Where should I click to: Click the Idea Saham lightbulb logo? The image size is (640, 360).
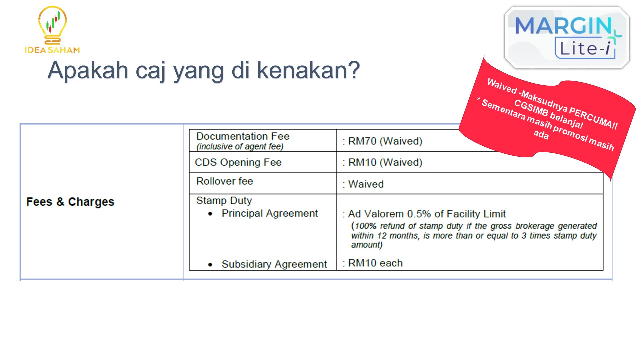click(x=52, y=30)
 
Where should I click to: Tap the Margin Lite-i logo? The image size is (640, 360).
click(x=567, y=38)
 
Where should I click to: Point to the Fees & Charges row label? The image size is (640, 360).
click(x=70, y=202)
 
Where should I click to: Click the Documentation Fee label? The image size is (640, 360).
click(x=243, y=136)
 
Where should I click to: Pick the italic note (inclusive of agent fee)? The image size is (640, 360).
click(x=240, y=146)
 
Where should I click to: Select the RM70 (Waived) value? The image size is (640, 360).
click(x=385, y=141)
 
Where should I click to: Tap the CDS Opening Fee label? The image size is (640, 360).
click(x=238, y=162)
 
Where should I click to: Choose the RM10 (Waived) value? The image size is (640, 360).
click(x=385, y=162)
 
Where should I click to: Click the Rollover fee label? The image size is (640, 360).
click(x=225, y=181)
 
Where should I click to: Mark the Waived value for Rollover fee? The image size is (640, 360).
click(x=366, y=184)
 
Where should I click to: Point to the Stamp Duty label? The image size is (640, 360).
click(x=224, y=200)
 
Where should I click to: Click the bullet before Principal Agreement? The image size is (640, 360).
click(x=210, y=214)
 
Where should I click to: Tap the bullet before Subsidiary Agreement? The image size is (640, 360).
click(x=210, y=265)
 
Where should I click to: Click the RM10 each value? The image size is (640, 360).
click(x=375, y=263)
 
